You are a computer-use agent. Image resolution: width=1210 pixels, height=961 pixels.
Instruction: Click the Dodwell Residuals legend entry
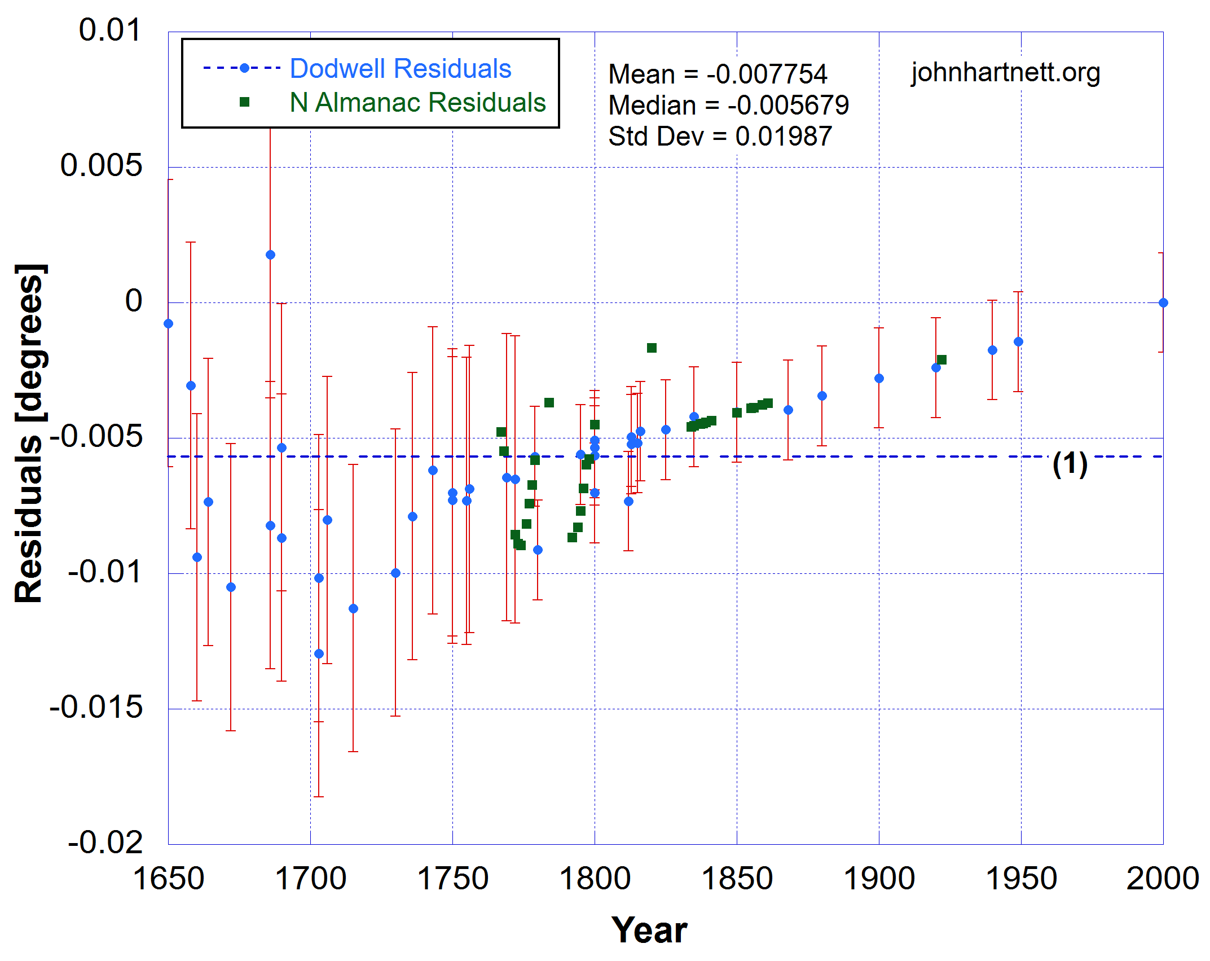pyautogui.click(x=400, y=69)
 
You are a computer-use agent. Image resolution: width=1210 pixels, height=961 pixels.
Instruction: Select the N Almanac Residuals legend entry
pyautogui.click(x=417, y=103)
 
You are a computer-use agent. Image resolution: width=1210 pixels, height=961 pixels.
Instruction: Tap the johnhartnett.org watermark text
pyautogui.click(x=1005, y=72)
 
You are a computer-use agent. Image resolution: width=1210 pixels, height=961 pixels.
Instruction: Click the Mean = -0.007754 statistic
pyautogui.click(x=718, y=74)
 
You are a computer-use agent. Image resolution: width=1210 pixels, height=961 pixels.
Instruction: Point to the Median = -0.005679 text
pyautogui.click(x=728, y=105)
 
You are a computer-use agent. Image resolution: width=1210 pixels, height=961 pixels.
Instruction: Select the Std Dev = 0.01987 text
pyautogui.click(x=720, y=136)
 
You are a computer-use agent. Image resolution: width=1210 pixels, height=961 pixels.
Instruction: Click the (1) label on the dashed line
pyautogui.click(x=1070, y=464)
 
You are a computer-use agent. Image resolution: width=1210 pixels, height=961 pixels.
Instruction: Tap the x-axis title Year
pyautogui.click(x=649, y=929)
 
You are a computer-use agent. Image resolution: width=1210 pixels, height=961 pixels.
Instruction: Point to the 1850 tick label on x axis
pyautogui.click(x=736, y=879)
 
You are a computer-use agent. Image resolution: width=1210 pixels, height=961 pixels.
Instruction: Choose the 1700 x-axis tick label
pyautogui.click(x=310, y=879)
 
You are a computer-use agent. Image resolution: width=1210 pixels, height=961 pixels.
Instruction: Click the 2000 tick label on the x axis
pyautogui.click(x=1162, y=879)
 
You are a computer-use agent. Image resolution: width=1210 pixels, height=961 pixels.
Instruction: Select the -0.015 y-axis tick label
pyautogui.click(x=96, y=707)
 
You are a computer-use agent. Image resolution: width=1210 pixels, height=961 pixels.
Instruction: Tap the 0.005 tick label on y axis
pyautogui.click(x=101, y=165)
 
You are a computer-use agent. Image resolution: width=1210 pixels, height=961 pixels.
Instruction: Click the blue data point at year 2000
pyautogui.click(x=1163, y=302)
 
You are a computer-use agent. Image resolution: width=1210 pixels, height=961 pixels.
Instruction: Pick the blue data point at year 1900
pyautogui.click(x=879, y=378)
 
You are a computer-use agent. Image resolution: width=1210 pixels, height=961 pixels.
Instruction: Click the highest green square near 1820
pyautogui.click(x=652, y=348)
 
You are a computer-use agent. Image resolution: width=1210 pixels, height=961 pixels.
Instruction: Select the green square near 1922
pyautogui.click(x=941, y=359)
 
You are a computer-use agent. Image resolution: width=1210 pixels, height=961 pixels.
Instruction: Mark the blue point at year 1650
pyautogui.click(x=168, y=323)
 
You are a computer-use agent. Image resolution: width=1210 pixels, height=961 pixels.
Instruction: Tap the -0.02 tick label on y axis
pyautogui.click(x=105, y=842)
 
